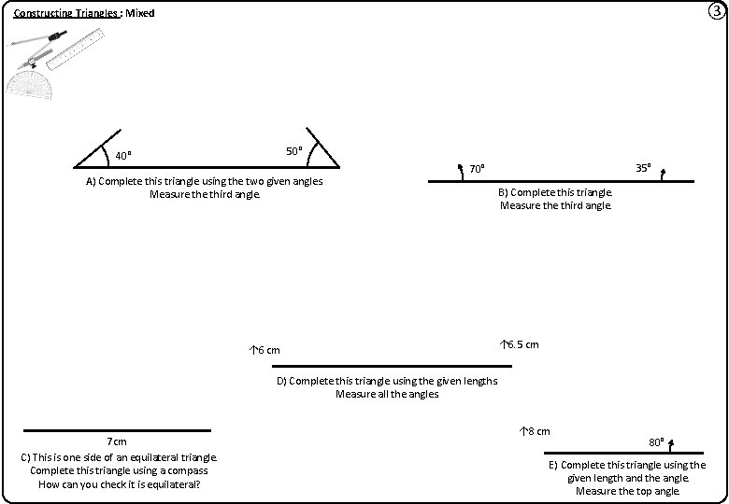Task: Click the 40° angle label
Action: (x=122, y=155)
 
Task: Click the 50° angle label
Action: (x=293, y=151)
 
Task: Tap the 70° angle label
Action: (x=477, y=169)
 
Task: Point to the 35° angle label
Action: (x=643, y=168)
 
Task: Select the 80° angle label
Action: (x=656, y=441)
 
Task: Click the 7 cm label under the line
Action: (x=117, y=441)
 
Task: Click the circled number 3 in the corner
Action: (x=715, y=12)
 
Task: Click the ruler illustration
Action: (x=72, y=49)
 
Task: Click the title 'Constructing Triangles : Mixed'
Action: (x=84, y=13)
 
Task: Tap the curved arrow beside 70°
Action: (x=460, y=171)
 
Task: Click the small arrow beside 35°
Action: (x=662, y=173)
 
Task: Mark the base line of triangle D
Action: (x=392, y=366)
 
